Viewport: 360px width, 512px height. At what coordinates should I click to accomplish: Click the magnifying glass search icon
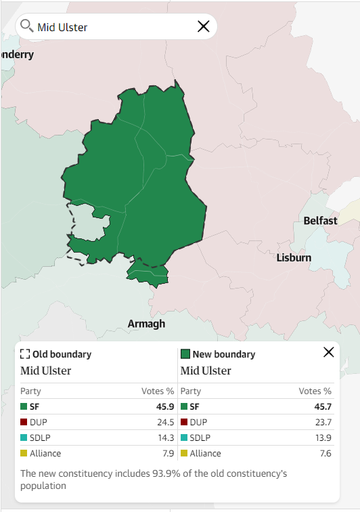[x=27, y=26]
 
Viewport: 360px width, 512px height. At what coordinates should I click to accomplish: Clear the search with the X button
[x=203, y=26]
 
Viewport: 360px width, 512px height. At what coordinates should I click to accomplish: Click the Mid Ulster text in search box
[x=63, y=27]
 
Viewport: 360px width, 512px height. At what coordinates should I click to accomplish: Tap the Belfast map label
[x=320, y=221]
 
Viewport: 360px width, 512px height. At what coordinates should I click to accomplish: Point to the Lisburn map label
[x=294, y=258]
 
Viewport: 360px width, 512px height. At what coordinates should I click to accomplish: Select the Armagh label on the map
[x=146, y=324]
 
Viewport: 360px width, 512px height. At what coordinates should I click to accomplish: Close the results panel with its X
[x=329, y=352]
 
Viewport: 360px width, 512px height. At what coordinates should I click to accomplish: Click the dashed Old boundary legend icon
[x=25, y=354]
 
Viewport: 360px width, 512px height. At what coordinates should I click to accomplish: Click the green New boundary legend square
[x=185, y=354]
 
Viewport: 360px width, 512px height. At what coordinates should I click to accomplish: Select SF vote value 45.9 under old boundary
[x=164, y=407]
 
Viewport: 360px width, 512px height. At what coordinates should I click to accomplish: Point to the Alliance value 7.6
[x=325, y=454]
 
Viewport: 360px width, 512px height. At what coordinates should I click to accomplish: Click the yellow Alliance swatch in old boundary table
[x=24, y=454]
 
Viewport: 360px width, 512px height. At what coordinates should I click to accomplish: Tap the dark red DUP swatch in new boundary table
[x=184, y=423]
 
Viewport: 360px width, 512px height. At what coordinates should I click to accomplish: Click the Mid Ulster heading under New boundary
[x=206, y=371]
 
